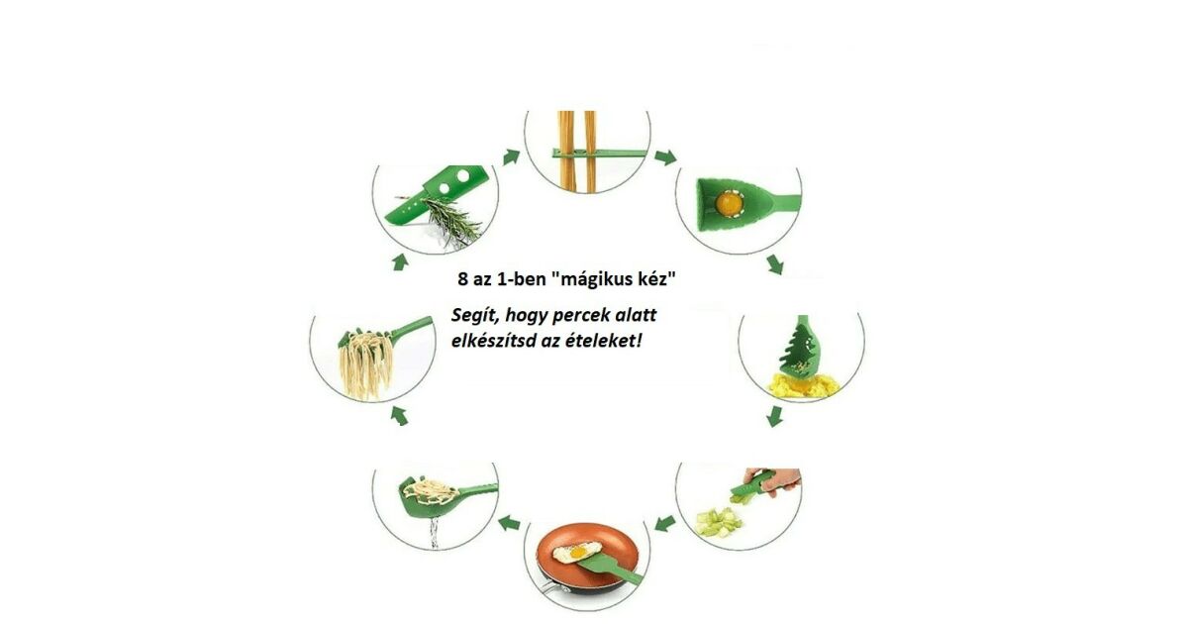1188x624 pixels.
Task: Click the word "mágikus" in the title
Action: [x=593, y=279]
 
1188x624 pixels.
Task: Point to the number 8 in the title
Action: [x=463, y=279]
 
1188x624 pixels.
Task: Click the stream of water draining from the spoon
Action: [x=435, y=533]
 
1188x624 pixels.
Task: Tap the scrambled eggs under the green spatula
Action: [x=803, y=384]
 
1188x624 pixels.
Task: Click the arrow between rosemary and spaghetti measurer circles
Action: [x=511, y=156]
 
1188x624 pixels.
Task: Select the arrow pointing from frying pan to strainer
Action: [x=509, y=523]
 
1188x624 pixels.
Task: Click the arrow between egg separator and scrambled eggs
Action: [x=775, y=264]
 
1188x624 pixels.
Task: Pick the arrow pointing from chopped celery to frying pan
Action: [x=665, y=523]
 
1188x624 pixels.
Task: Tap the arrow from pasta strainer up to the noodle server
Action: [x=399, y=415]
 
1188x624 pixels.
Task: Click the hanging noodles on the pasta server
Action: [x=365, y=366]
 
